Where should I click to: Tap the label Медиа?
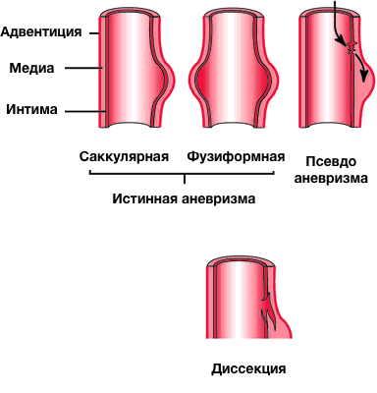click(30, 69)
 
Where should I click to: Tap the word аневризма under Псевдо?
click(335, 179)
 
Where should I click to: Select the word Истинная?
click(140, 197)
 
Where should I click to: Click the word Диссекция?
click(248, 370)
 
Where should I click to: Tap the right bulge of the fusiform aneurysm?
click(268, 79)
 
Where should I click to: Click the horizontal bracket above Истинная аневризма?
click(187, 173)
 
